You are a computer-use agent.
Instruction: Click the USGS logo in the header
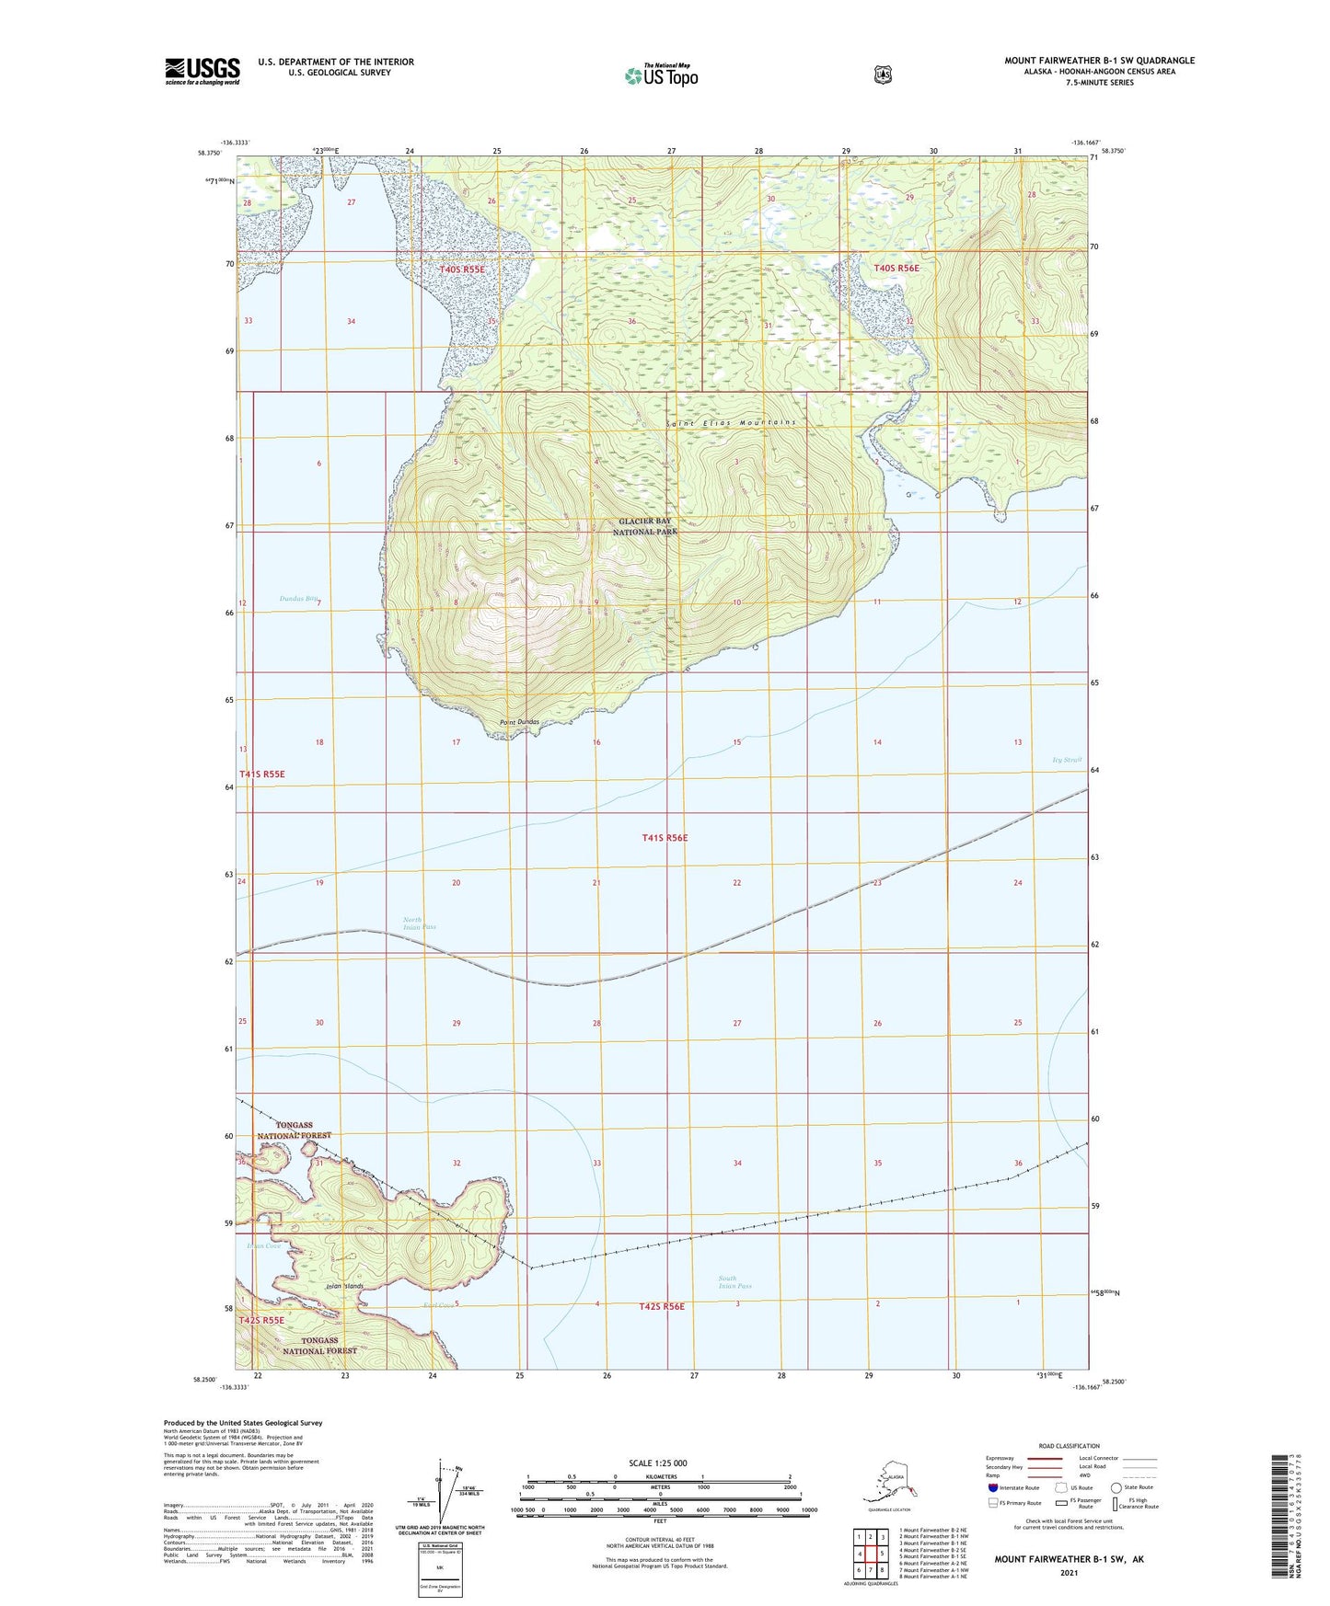pyautogui.click(x=202, y=71)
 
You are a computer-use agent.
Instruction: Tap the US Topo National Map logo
pyautogui.click(x=661, y=75)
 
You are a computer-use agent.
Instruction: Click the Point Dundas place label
pyautogui.click(x=519, y=722)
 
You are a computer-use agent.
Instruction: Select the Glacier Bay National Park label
pyautogui.click(x=645, y=526)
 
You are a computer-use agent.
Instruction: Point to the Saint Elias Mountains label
pyautogui.click(x=731, y=422)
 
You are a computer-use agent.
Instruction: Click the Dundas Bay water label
pyautogui.click(x=299, y=599)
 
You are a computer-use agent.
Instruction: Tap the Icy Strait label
pyautogui.click(x=1067, y=760)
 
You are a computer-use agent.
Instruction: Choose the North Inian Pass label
pyautogui.click(x=420, y=923)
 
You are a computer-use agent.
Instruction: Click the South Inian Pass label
pyautogui.click(x=734, y=1282)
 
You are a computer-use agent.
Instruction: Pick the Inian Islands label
pyautogui.click(x=345, y=1286)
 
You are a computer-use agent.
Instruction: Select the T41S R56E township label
pyautogui.click(x=665, y=838)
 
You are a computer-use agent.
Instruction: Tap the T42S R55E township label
pyautogui.click(x=262, y=1320)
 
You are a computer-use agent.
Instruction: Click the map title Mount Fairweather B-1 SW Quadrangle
pyautogui.click(x=1099, y=61)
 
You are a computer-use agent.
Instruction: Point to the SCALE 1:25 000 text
pyautogui.click(x=658, y=1463)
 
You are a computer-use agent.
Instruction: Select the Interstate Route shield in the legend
pyautogui.click(x=992, y=1487)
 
